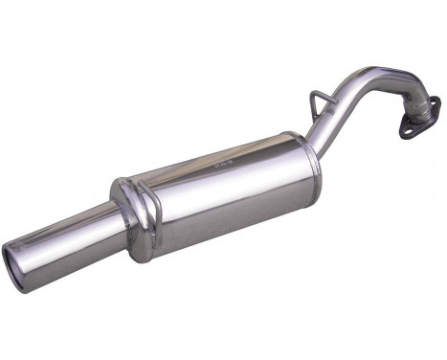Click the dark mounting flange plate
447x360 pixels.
click(425, 110)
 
